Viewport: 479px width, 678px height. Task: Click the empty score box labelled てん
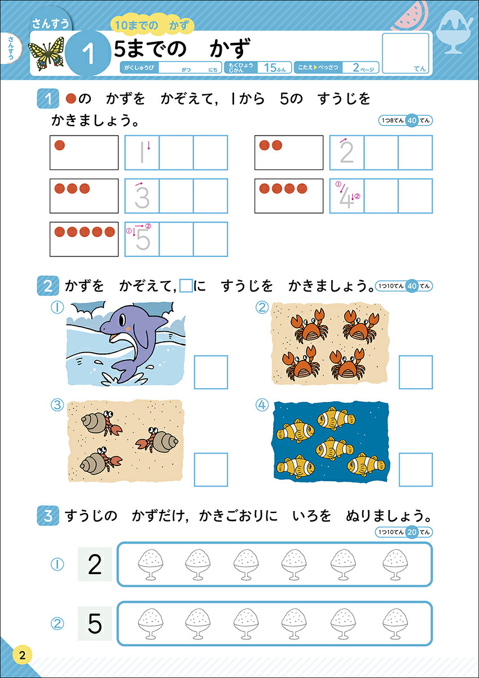tap(406, 53)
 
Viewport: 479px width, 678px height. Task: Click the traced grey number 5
tap(143, 240)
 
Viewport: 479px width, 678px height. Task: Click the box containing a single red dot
tap(84, 153)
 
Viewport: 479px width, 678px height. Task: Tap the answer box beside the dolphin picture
tap(211, 372)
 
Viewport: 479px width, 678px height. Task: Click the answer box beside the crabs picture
tap(416, 372)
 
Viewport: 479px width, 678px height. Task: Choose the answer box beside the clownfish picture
tap(416, 470)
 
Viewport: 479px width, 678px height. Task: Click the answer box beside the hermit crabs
tap(211, 470)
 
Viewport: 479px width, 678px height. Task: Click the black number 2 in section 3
tap(95, 564)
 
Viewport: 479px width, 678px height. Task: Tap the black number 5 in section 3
tap(95, 624)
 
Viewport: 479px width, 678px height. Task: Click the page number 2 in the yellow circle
tap(22, 656)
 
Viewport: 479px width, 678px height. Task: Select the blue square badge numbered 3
tap(48, 515)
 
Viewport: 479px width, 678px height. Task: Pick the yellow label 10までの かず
tap(151, 25)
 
